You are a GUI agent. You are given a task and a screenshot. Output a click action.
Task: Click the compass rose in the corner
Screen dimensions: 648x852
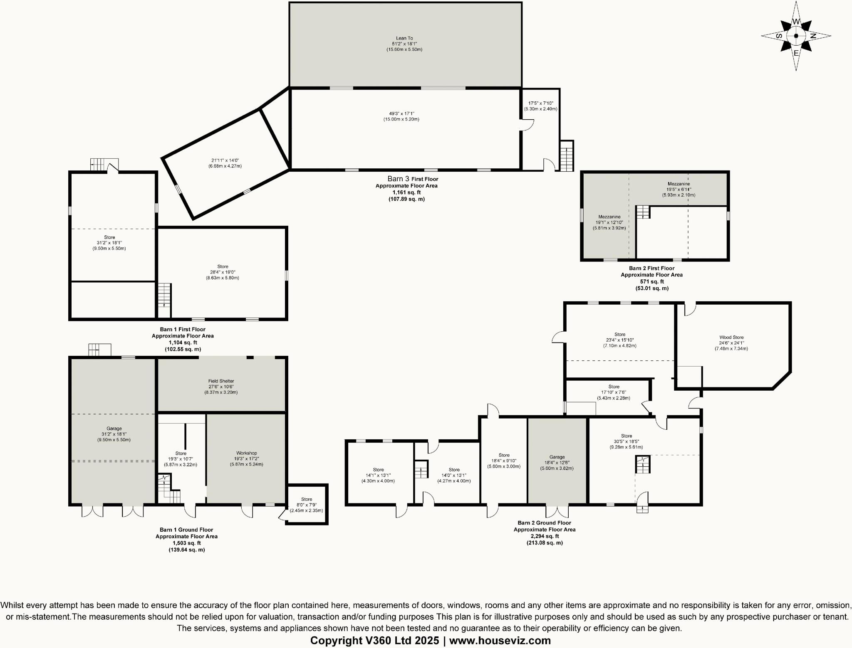pos(796,36)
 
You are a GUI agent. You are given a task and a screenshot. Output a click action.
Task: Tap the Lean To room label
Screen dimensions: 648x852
pos(404,38)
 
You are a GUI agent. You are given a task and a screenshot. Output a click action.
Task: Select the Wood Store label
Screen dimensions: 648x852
pos(731,338)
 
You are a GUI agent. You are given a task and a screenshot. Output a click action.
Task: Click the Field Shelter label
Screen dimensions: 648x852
pos(221,381)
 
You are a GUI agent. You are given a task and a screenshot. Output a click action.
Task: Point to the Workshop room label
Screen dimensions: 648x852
pos(246,453)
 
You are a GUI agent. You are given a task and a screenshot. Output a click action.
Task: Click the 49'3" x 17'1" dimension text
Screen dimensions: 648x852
pos(401,113)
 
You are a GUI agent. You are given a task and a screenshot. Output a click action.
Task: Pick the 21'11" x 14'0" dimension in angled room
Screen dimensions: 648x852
pos(225,160)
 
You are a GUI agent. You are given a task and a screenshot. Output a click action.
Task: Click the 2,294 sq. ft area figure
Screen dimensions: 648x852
pos(544,536)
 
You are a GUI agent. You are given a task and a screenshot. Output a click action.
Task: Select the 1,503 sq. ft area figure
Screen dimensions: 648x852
pos(186,543)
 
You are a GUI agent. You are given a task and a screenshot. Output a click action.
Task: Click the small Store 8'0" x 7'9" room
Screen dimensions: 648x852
pos(307,504)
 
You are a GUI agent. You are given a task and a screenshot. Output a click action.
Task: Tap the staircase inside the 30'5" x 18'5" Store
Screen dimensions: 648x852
pos(643,464)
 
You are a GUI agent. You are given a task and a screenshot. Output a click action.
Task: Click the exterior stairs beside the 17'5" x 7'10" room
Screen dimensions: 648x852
pos(566,156)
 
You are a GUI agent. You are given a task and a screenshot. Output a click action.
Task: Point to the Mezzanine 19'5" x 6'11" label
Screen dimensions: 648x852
pos(679,184)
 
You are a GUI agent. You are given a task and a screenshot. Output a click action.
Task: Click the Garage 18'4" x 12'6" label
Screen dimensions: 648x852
pos(557,457)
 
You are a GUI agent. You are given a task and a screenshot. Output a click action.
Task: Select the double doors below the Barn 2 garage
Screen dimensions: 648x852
pos(557,511)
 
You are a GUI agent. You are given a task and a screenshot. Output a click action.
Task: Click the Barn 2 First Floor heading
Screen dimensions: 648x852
pos(651,268)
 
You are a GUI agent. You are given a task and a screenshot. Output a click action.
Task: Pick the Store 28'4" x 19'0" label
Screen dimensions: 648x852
pos(223,266)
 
